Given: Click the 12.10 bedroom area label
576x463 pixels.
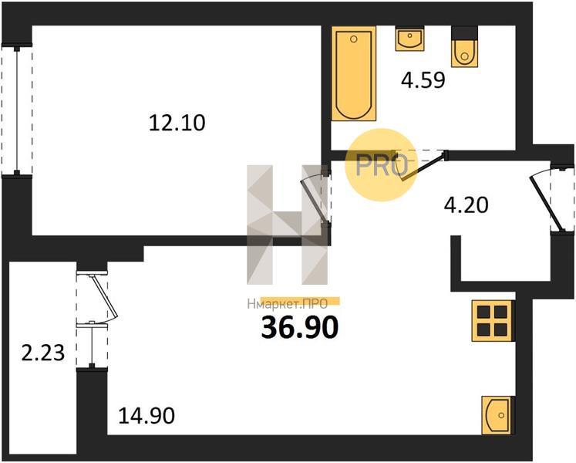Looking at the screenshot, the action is click(177, 123).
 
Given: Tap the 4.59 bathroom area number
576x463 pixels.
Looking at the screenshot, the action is click(423, 79).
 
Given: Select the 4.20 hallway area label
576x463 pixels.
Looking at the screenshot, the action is click(467, 204).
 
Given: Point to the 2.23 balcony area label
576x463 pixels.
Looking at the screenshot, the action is click(43, 353).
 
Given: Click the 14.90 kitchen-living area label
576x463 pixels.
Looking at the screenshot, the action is click(147, 416).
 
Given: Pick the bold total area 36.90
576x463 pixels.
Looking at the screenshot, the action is click(299, 328).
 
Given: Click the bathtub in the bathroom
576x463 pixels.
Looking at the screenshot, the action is click(354, 73).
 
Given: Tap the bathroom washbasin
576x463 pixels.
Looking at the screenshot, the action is click(409, 39).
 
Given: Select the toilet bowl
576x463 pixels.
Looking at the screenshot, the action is click(465, 52).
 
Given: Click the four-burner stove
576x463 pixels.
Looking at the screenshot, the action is click(492, 321).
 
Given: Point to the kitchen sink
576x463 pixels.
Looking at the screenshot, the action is click(497, 415).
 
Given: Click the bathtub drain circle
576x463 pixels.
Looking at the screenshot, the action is click(354, 39).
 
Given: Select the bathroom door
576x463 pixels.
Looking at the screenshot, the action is click(424, 166).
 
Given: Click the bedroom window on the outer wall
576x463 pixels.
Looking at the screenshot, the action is click(16, 110).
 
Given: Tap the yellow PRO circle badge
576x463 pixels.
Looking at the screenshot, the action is click(382, 165).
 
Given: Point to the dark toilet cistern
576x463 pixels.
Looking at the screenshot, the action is click(465, 32).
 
